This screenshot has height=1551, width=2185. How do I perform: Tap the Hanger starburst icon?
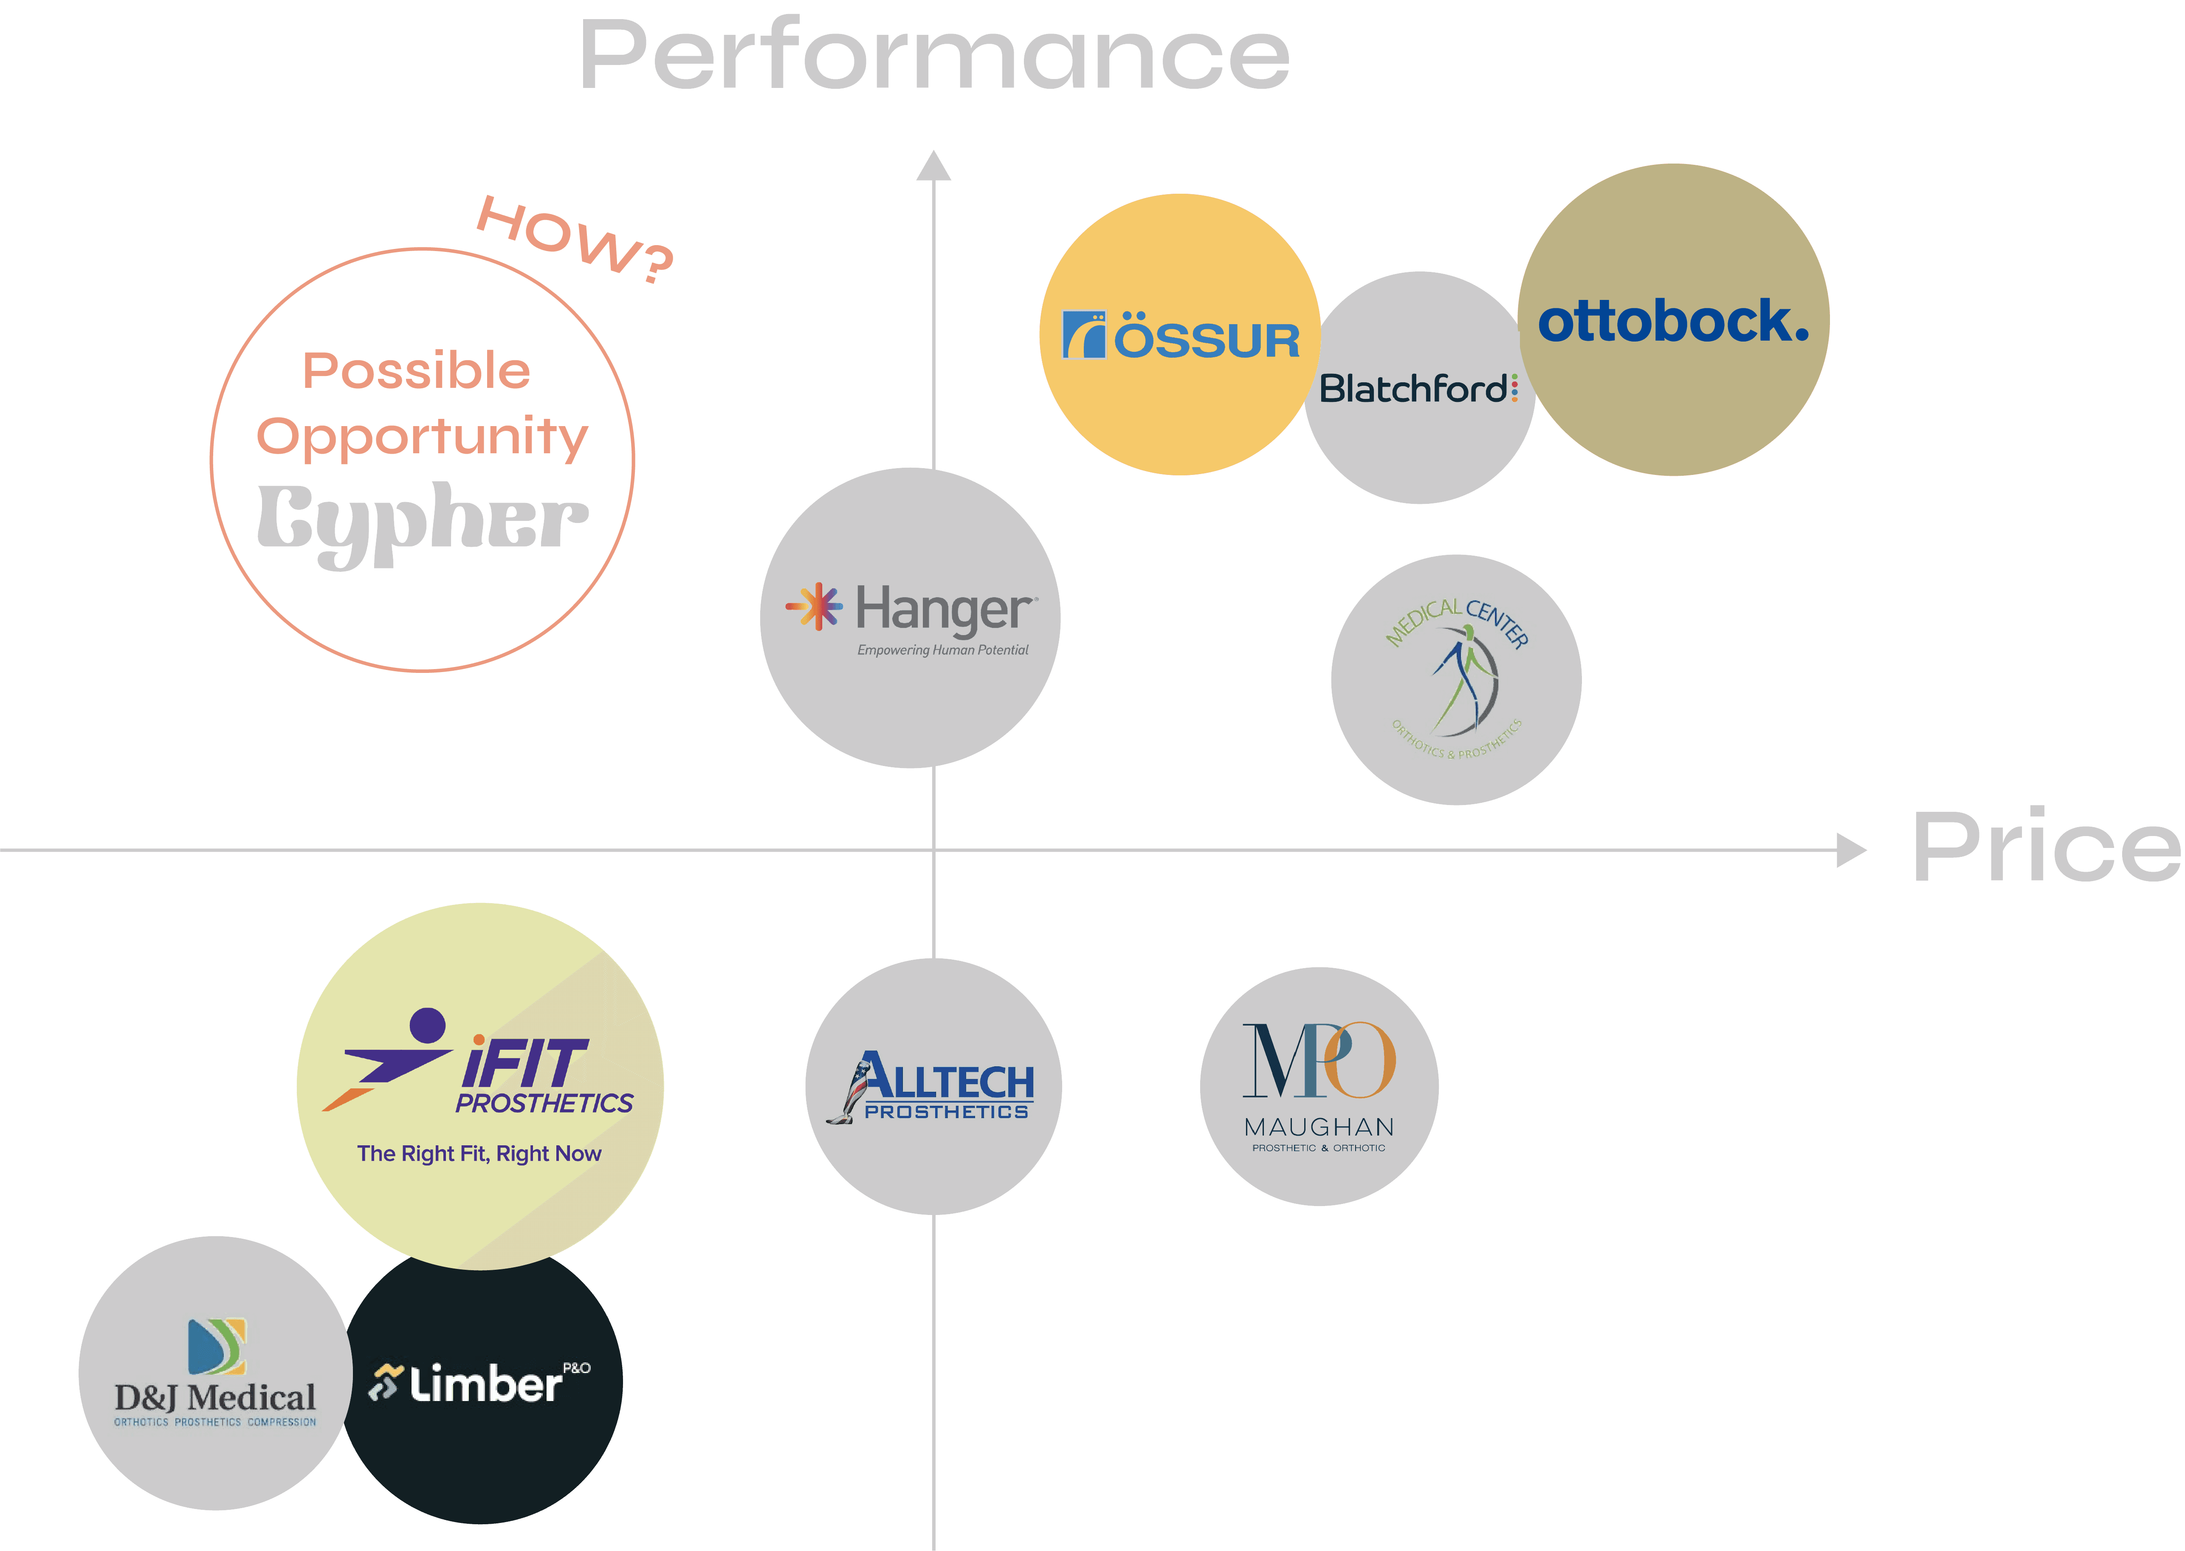click(x=814, y=607)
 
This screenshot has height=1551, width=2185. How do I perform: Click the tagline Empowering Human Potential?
click(x=942, y=650)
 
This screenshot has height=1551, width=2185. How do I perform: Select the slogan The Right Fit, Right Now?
click(x=479, y=1154)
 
